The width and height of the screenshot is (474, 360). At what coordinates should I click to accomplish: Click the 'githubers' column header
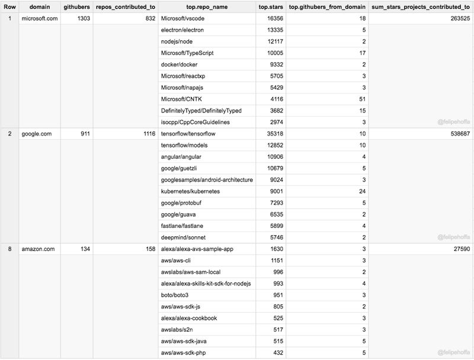point(76,8)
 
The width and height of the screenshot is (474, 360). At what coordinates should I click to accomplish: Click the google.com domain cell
point(35,134)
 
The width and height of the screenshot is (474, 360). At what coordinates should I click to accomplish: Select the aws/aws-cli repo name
point(177,261)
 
